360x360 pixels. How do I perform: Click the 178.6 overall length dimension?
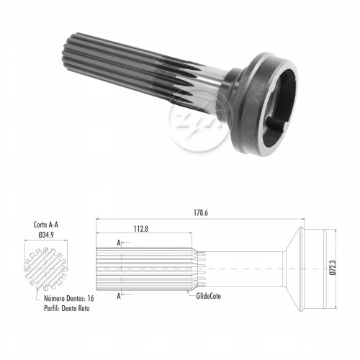[201, 213]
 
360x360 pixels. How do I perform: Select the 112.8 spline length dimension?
[141, 229]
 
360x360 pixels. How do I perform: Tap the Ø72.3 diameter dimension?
[333, 267]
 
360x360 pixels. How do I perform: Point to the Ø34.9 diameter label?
[46, 235]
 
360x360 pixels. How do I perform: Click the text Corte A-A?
[46, 225]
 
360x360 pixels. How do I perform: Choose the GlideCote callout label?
[208, 296]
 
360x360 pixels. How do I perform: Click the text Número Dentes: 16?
[69, 298]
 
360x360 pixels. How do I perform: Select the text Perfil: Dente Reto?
[67, 308]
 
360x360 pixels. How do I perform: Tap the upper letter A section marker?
[119, 243]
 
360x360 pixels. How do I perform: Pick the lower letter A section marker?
[119, 296]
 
